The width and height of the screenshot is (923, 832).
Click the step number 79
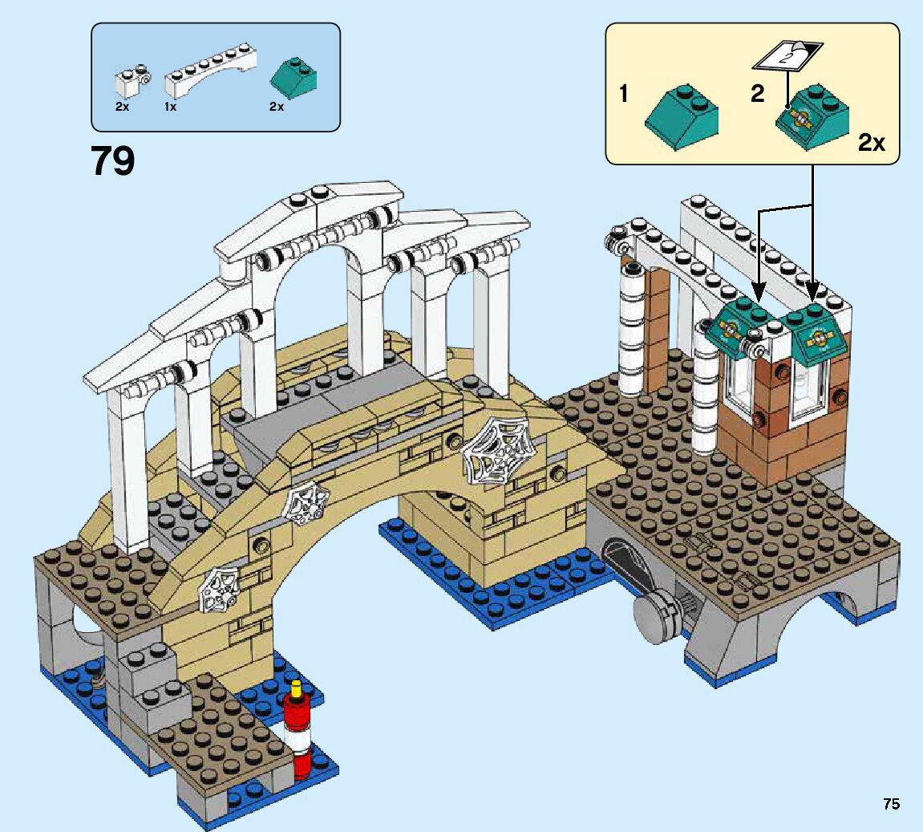click(113, 161)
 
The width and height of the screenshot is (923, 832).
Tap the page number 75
click(891, 804)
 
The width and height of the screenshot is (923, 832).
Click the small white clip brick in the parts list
click(132, 80)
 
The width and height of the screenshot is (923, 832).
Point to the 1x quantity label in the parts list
click(171, 107)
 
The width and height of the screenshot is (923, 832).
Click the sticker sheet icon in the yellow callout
click(787, 55)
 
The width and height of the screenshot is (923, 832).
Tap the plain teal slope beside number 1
click(682, 117)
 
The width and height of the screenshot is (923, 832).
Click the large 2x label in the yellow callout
click(871, 143)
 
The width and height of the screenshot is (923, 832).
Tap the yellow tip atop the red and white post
click(298, 688)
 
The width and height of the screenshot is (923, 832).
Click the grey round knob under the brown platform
click(654, 616)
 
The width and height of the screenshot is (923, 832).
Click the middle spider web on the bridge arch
click(307, 505)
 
